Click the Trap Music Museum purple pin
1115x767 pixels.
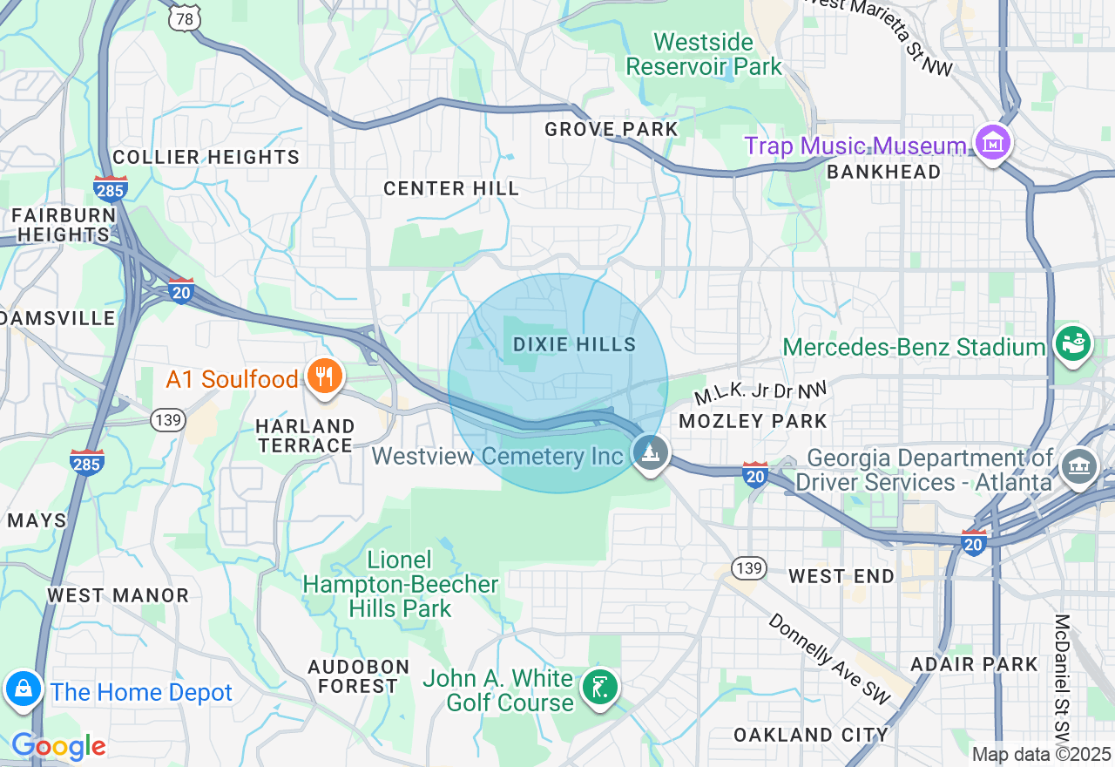992,141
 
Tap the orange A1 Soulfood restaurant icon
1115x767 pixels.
325,377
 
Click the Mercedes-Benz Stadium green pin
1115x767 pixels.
1073,342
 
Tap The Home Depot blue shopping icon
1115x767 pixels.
24,689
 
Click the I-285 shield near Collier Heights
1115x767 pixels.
111,187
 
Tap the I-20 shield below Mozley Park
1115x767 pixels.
755,474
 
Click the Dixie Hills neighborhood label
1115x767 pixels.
574,345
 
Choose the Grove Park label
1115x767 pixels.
611,130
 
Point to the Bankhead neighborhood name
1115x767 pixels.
883,173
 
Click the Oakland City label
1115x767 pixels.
811,735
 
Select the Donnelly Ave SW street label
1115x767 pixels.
829,659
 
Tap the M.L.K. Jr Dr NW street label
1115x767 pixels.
760,393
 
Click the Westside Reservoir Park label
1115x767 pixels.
704,54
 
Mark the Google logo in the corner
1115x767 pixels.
58,746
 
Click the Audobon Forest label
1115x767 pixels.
358,676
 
